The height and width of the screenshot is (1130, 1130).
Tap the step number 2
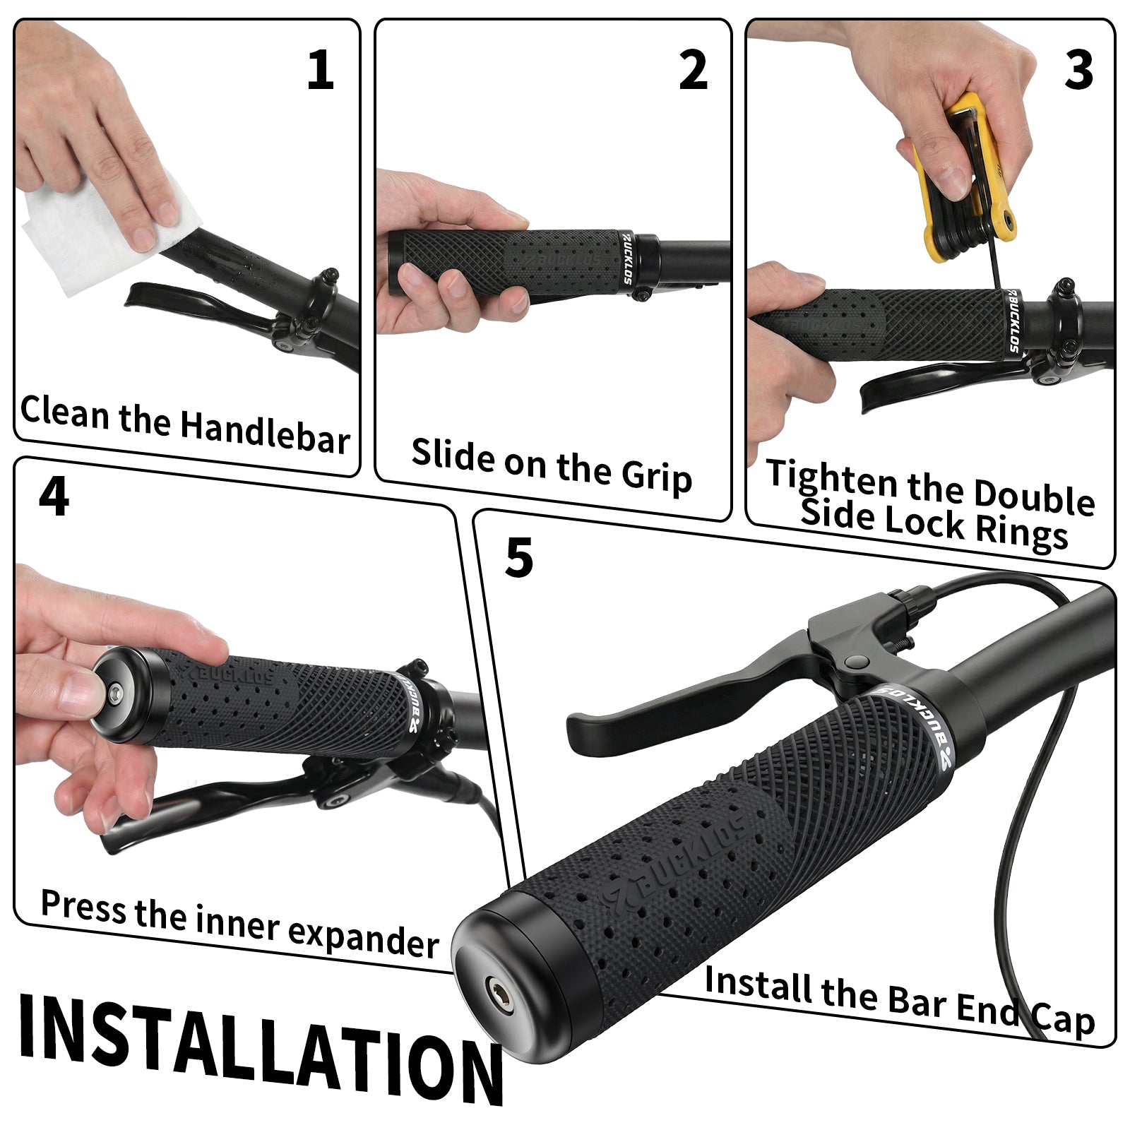point(693,71)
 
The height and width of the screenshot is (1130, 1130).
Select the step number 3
point(1078,71)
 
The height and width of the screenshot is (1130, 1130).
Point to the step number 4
point(54,496)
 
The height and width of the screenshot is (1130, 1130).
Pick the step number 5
point(519,558)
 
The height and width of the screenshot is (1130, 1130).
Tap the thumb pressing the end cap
point(78,691)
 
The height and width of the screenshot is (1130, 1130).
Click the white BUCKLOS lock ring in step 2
point(626,258)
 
